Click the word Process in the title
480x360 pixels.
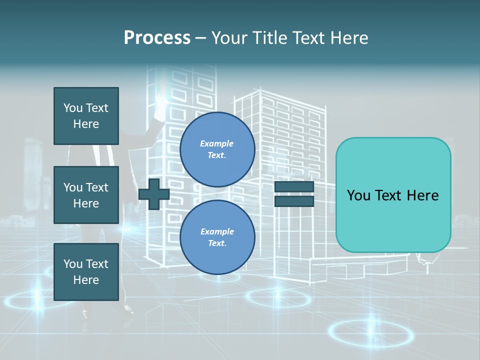pyautogui.click(x=157, y=38)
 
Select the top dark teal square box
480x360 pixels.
pyautogui.click(x=86, y=116)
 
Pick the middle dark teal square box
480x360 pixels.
pyautogui.click(x=86, y=195)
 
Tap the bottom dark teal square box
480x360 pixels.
pyautogui.click(x=86, y=271)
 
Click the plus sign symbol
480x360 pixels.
pyautogui.click(x=154, y=193)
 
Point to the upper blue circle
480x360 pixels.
pyautogui.click(x=217, y=149)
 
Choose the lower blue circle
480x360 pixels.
pyautogui.click(x=217, y=237)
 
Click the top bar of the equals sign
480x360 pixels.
pyautogui.click(x=294, y=186)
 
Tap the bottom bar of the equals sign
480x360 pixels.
pyautogui.click(x=294, y=201)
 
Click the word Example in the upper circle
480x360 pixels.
pyautogui.click(x=216, y=143)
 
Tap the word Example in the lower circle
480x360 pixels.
pyautogui.click(x=216, y=231)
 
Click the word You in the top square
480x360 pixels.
pyautogui.click(x=73, y=108)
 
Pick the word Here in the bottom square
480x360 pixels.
pyautogui.click(x=86, y=280)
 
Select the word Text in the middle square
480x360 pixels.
pyautogui.click(x=97, y=187)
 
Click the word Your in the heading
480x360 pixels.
pyautogui.click(x=230, y=38)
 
